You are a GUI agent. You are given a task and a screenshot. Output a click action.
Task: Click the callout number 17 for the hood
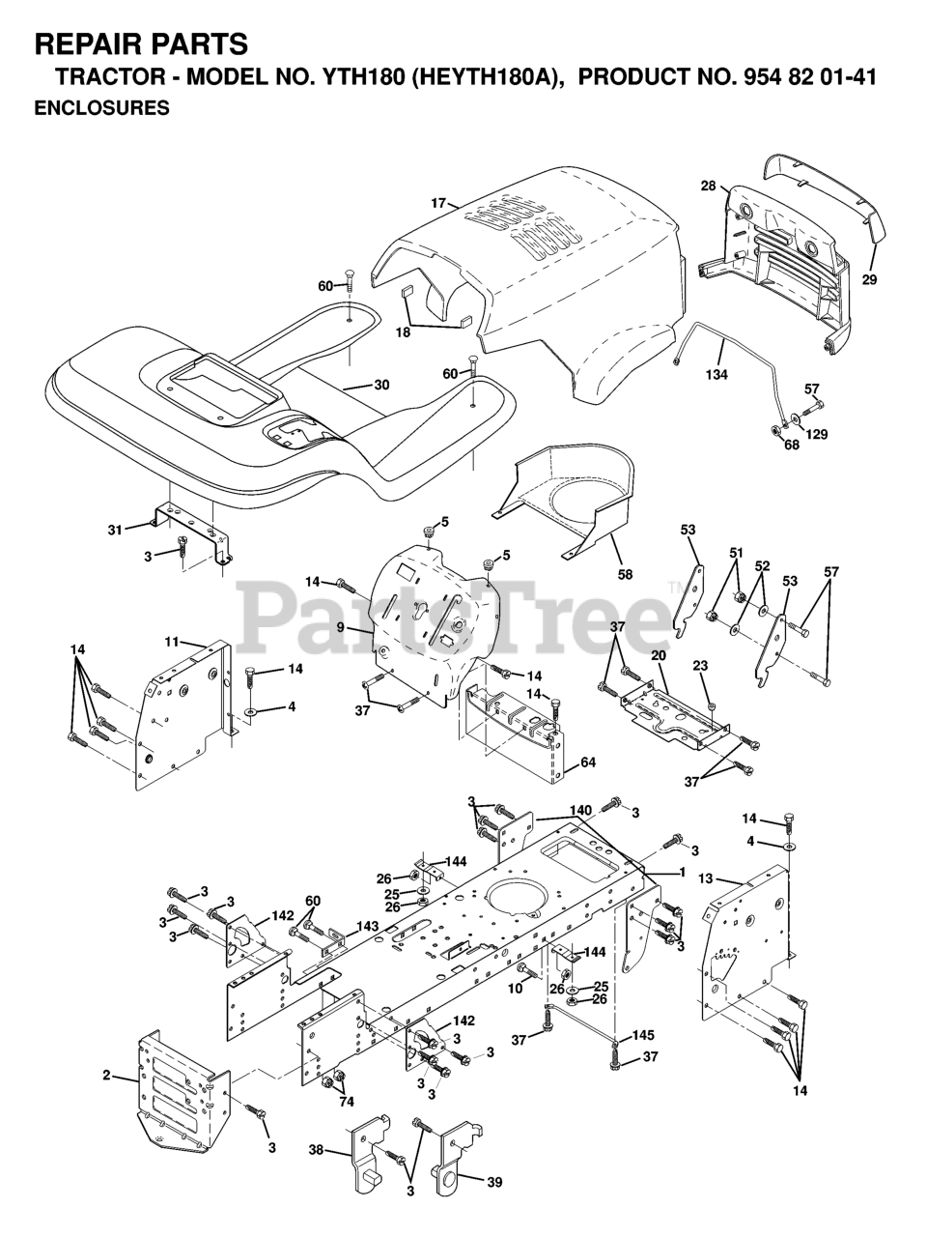pyautogui.click(x=438, y=203)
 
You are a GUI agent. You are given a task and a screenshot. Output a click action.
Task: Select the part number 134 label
pyautogui.click(x=716, y=374)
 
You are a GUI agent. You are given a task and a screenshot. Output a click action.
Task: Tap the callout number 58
pyautogui.click(x=625, y=574)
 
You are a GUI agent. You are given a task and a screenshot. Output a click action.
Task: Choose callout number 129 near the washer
pyautogui.click(x=818, y=435)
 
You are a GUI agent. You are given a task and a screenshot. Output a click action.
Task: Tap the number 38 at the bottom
pyautogui.click(x=316, y=1152)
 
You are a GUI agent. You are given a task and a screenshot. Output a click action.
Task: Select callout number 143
pyautogui.click(x=366, y=925)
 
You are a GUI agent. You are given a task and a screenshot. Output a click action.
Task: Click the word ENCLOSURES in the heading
pyautogui.click(x=101, y=108)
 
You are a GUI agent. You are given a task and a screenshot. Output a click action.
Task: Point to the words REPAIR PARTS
pyautogui.click(x=141, y=44)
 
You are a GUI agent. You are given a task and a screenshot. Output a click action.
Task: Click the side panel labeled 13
pyautogui.click(x=748, y=947)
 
